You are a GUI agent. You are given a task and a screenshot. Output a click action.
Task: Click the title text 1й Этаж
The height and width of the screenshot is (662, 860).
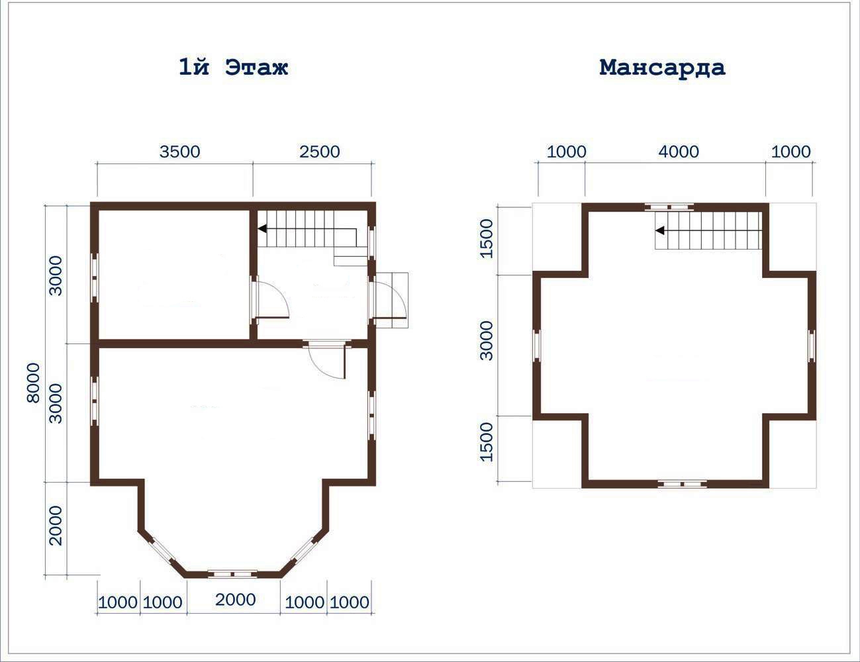pos(234,67)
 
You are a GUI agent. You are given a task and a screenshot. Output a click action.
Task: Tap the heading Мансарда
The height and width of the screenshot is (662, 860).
pos(662,68)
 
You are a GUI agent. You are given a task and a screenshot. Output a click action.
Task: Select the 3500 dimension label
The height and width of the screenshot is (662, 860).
pos(179,152)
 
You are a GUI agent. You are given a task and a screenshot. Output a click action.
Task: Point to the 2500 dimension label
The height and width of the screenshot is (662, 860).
pos(319,152)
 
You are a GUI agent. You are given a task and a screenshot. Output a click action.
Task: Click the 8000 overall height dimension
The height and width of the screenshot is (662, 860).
pos(34,383)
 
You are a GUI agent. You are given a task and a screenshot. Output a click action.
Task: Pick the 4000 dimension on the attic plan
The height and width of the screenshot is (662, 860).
pos(679,152)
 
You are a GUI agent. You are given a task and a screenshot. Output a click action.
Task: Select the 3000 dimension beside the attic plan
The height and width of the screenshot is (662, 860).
pos(486,340)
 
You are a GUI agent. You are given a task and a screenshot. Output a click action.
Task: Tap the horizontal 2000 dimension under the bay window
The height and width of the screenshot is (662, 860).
pos(236,600)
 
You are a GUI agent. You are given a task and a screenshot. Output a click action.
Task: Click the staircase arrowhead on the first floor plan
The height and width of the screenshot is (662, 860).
pos(262,228)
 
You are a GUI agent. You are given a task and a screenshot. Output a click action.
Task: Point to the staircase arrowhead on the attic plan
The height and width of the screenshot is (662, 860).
pos(660,230)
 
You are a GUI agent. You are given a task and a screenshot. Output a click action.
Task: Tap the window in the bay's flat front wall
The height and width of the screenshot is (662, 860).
pos(233,574)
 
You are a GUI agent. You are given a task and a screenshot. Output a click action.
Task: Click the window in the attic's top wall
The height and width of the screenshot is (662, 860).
pos(669,207)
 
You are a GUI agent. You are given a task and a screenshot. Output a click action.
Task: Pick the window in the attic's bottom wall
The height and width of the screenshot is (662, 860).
pos(683,483)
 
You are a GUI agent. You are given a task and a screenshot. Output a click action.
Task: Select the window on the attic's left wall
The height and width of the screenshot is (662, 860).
pos(537,345)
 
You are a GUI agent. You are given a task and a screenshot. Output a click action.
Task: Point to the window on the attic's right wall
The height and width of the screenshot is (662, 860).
pos(812,345)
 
